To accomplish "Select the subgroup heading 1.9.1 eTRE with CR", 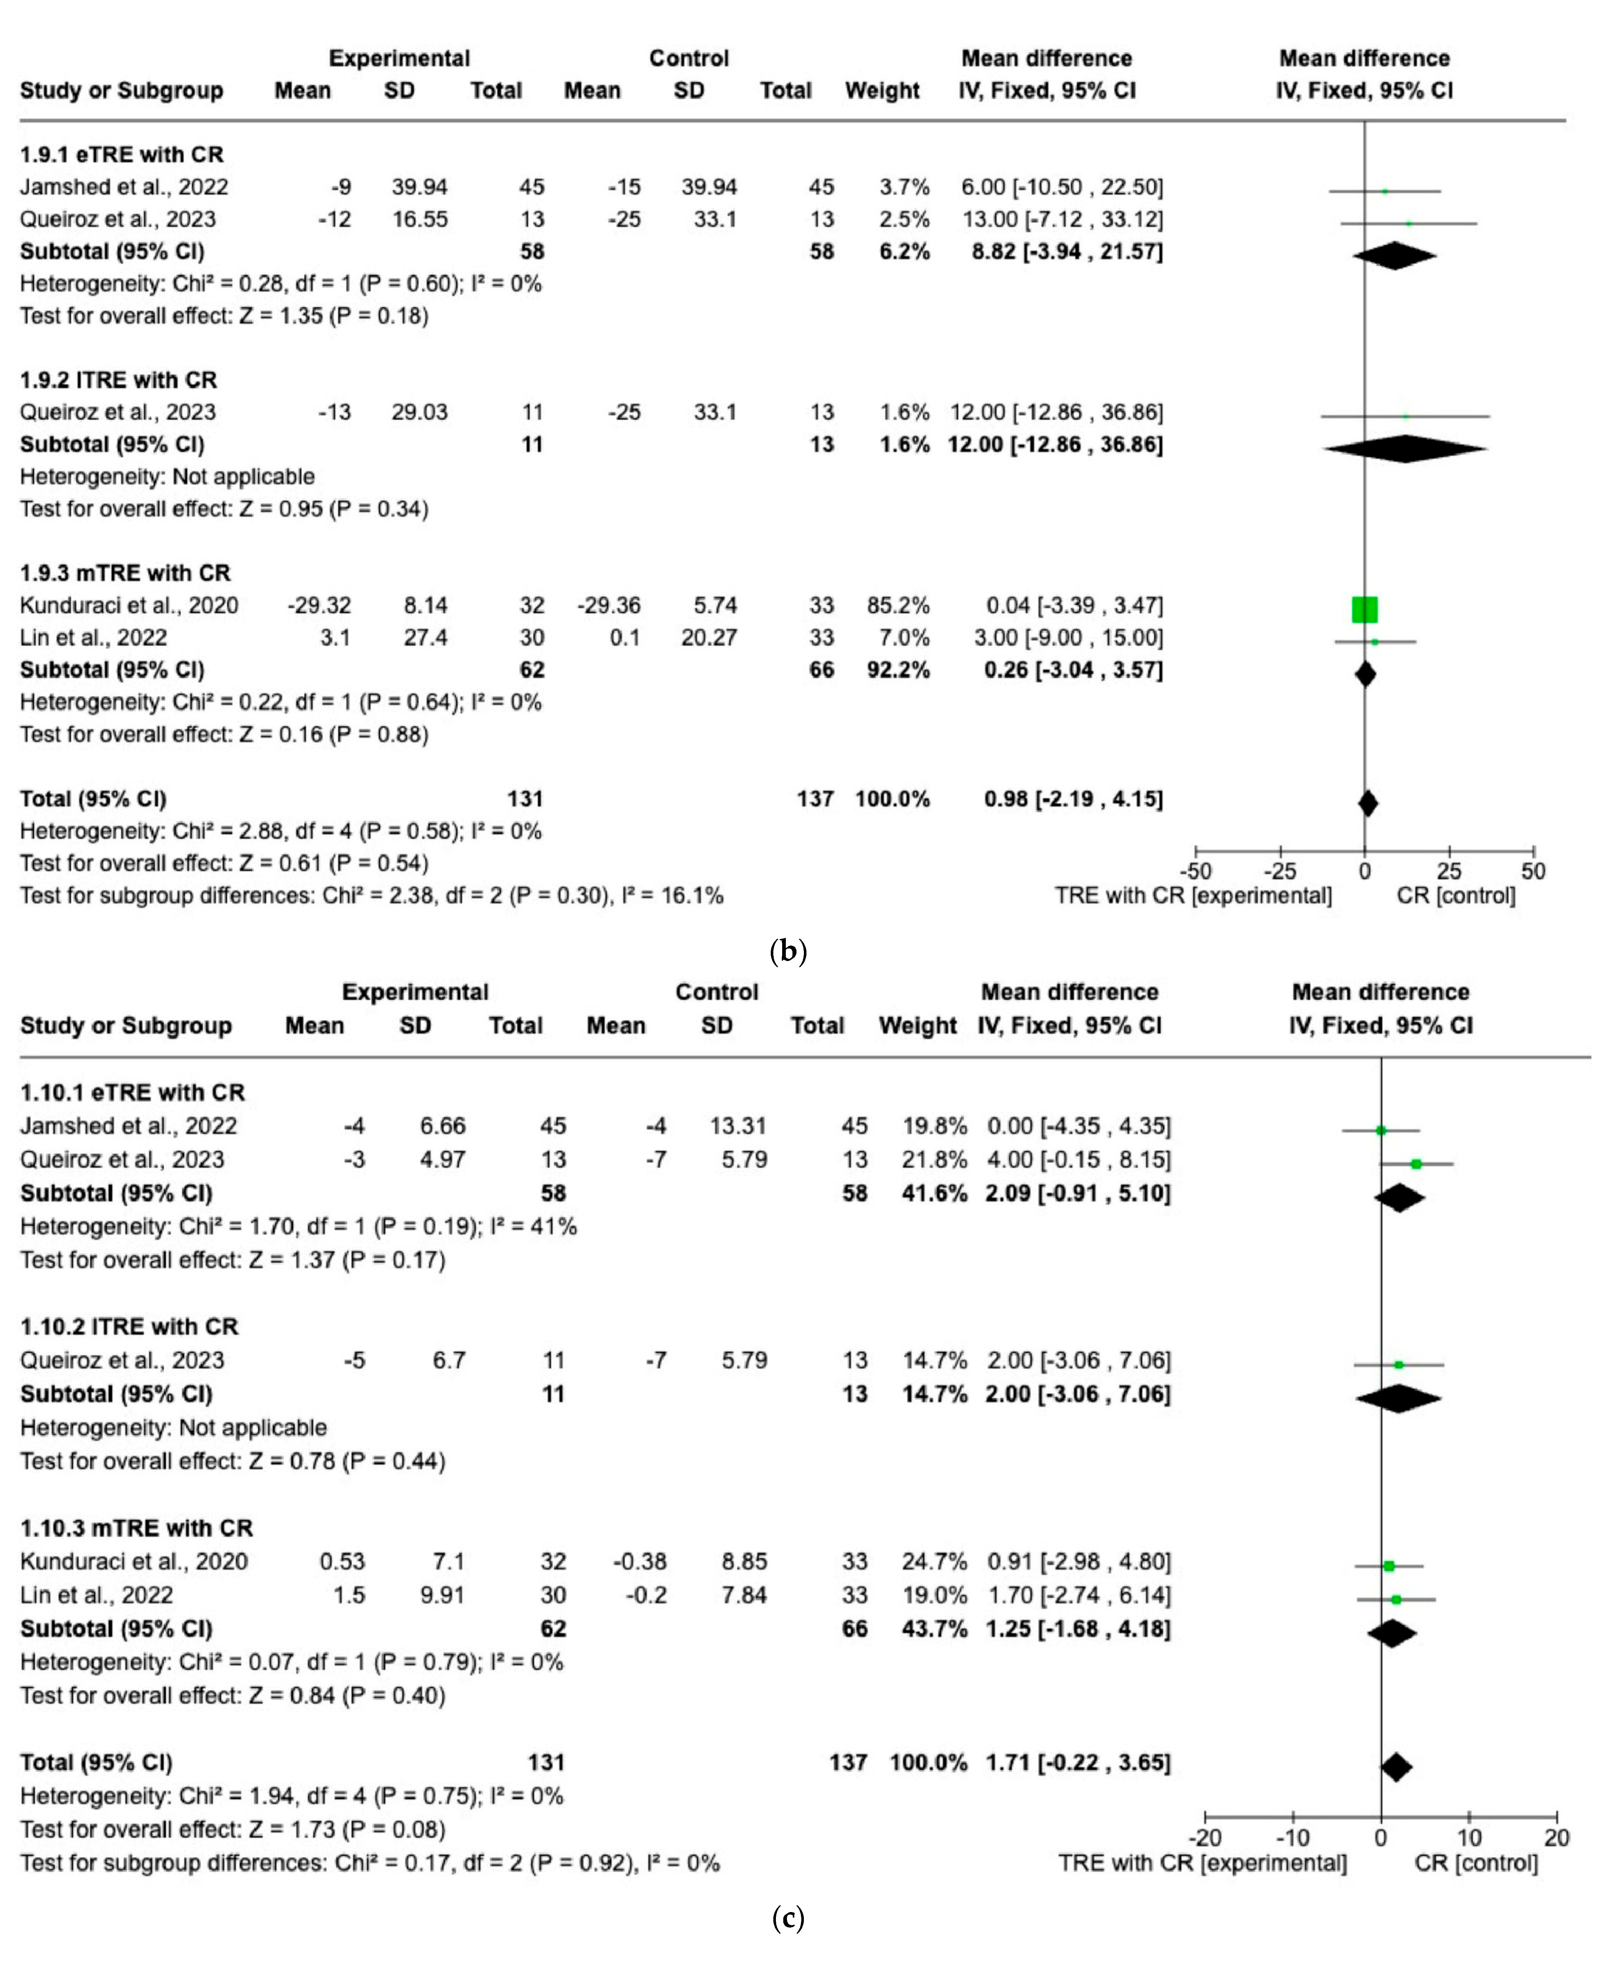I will pos(122,155).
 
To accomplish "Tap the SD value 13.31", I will pos(738,1126).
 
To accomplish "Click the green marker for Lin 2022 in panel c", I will pos(1396,1599).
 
